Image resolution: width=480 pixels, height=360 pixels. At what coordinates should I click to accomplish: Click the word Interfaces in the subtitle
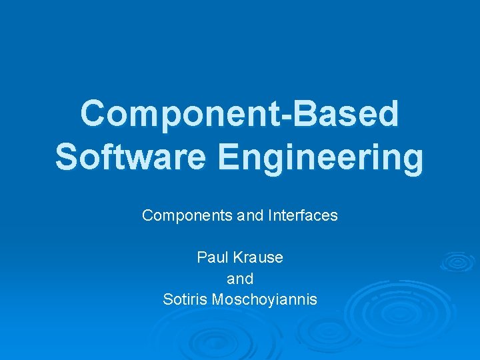(x=304, y=216)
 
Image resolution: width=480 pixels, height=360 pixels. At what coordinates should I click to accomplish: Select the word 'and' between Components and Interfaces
(x=249, y=216)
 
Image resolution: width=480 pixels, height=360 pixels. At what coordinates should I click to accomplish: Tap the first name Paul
(x=211, y=257)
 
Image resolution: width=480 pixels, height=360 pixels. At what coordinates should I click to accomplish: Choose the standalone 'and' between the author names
(x=240, y=279)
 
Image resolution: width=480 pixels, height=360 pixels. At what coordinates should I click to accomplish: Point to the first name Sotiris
(x=185, y=300)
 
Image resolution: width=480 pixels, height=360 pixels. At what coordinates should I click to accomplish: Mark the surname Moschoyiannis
(x=264, y=300)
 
